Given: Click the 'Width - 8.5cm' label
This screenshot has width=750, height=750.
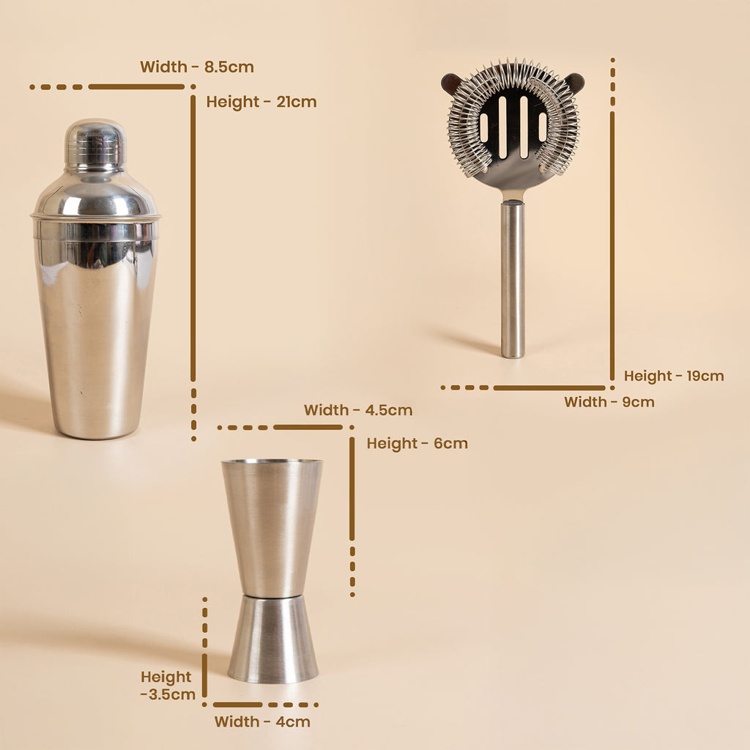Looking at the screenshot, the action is click(196, 67).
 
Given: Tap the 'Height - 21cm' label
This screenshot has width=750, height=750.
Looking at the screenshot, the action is click(261, 102).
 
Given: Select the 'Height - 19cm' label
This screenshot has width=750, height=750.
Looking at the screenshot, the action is click(674, 376).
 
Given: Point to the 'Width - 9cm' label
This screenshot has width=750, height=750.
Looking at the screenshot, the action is click(609, 402).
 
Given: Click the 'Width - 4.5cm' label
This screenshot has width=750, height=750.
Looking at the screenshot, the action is click(357, 410).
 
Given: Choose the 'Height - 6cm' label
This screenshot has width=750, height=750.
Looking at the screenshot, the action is click(417, 443).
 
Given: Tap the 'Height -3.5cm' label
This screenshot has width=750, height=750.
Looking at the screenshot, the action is click(168, 686).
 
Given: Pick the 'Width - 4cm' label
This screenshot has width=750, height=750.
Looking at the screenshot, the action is click(262, 721).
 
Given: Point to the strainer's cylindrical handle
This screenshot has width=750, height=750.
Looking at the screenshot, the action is click(513, 281).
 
